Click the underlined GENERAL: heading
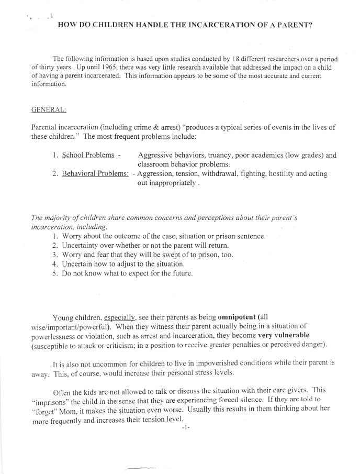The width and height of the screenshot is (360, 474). [x=49, y=110]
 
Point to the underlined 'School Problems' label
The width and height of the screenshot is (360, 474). [x=88, y=155]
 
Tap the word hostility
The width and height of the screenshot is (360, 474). [x=279, y=173]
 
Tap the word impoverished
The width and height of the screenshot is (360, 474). [x=198, y=362]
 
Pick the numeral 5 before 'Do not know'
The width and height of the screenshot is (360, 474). [x=55, y=273]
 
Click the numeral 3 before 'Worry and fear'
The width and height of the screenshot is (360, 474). [x=55, y=255]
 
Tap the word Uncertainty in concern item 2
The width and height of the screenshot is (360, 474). [x=83, y=245]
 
